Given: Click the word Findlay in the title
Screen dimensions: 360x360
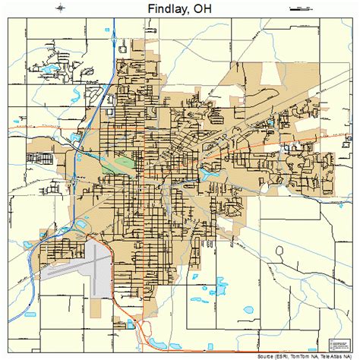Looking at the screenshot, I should click(x=164, y=10).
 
